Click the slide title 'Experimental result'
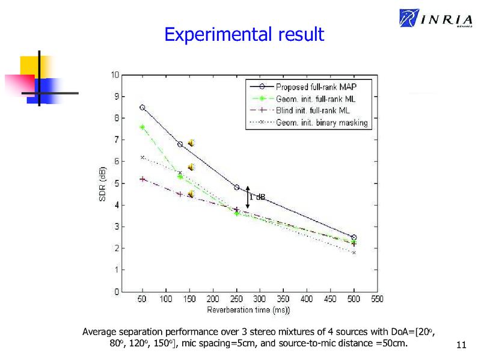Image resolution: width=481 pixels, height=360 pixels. click(244, 34)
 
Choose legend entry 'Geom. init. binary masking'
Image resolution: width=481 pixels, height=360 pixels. click(322, 123)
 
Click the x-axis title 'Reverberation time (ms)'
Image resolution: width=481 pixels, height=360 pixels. click(249, 310)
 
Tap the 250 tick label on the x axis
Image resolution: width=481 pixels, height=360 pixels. click(236, 299)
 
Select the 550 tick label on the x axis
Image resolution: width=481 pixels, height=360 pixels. click(377, 299)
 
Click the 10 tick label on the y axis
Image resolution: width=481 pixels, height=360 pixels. click(114, 75)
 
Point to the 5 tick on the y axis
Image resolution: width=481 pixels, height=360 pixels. click(116, 183)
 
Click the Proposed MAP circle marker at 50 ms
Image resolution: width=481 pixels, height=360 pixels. click(142, 108)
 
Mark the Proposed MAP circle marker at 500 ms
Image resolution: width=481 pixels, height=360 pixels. click(354, 237)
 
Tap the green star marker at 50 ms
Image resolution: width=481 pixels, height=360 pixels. click(142, 127)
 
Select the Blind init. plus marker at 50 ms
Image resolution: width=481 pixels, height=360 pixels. click(142, 179)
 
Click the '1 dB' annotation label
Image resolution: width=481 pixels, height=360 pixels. click(257, 197)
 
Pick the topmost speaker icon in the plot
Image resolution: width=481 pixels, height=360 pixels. click(191, 143)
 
